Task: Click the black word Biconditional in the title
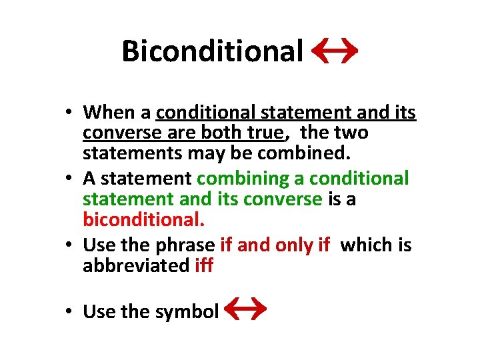(x=212, y=51)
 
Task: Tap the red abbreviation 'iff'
(x=204, y=265)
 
